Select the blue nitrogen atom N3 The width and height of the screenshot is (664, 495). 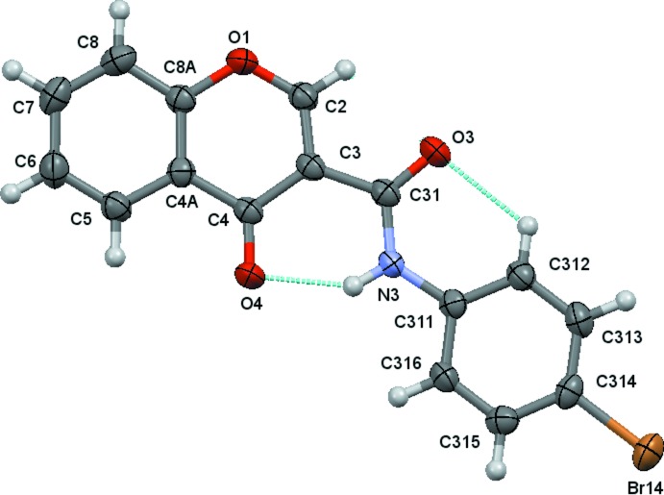click(x=388, y=262)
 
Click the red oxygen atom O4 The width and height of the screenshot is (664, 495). click(x=251, y=277)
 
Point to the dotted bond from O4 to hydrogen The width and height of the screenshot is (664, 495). click(x=302, y=281)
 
